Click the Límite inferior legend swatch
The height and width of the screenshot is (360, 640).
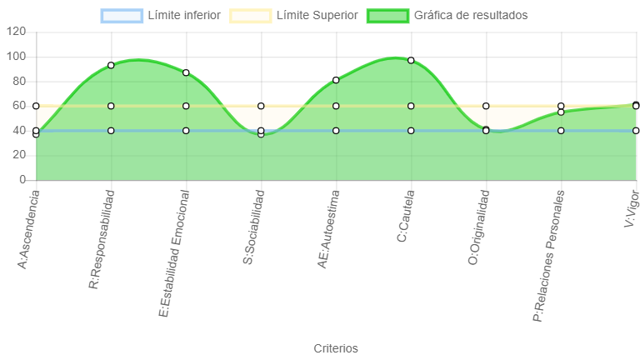pos(122,16)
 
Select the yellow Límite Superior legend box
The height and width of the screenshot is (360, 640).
pos(251,16)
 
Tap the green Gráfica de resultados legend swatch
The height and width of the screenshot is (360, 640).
pos(387,16)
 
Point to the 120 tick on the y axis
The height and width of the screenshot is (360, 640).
pos(16,32)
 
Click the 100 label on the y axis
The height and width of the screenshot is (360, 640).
pos(16,57)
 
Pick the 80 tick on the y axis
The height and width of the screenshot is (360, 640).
pos(19,81)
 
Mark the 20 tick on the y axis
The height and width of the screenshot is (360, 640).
pos(19,155)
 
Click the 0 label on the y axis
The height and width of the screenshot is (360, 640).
pos(22,180)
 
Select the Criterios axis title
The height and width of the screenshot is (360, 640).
pos(336,348)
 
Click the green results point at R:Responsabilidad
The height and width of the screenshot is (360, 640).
pos(111,65)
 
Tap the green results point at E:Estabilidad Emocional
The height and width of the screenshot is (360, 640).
pos(186,72)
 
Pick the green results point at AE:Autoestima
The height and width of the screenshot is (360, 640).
pos(336,80)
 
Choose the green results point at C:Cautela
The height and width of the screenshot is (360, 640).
pos(411,60)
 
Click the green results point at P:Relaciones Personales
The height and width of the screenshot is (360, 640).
pos(561,112)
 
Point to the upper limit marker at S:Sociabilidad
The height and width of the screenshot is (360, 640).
pos(261,106)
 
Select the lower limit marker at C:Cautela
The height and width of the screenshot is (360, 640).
pos(411,131)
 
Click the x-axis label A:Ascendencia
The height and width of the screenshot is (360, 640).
pos(28,230)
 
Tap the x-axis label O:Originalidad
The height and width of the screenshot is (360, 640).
pos(479,227)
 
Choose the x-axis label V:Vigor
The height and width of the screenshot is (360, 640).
pos(632,208)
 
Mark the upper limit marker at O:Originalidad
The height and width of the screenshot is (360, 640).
pos(486,106)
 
